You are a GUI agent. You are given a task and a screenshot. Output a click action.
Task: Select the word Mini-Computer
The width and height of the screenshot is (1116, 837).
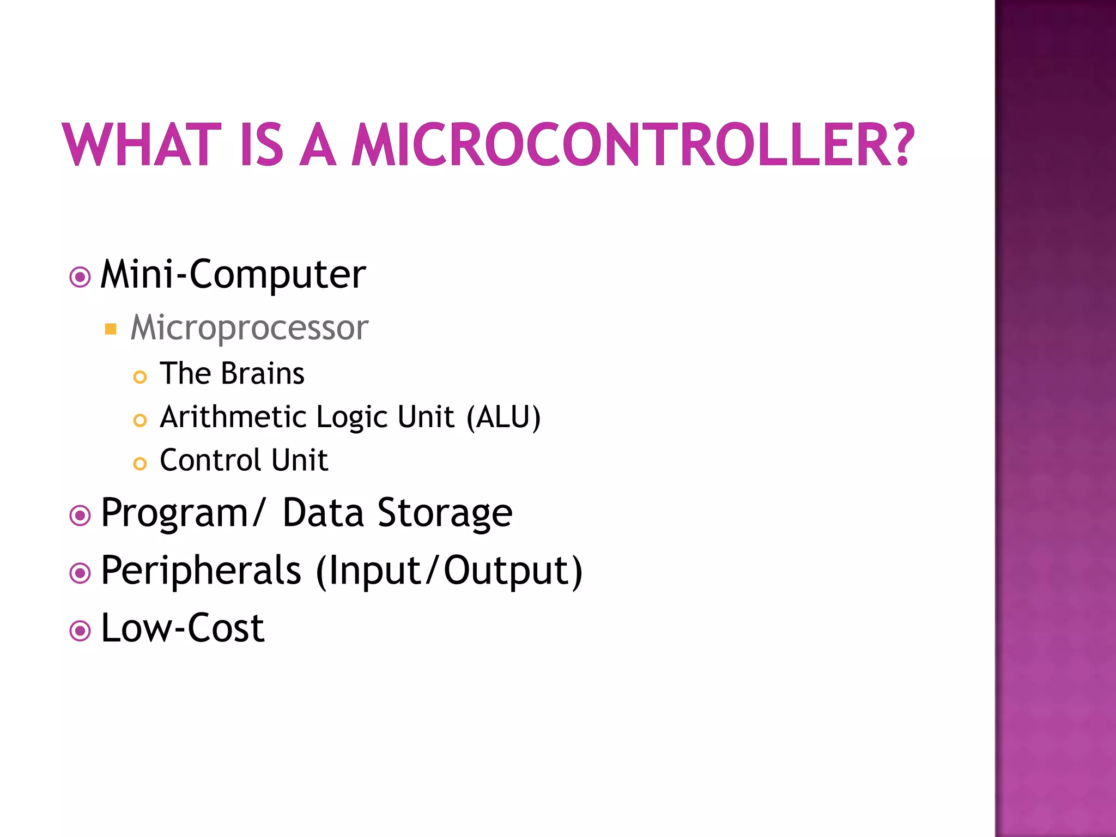(233, 274)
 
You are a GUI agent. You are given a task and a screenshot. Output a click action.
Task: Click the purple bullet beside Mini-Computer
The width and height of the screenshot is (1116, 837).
(80, 277)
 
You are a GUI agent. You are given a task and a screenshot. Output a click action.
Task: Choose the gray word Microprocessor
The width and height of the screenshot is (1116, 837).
(250, 328)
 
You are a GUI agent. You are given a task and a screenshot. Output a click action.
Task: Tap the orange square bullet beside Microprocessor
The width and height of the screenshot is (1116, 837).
(111, 329)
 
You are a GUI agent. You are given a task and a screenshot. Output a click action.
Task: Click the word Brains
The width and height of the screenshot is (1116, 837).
(263, 374)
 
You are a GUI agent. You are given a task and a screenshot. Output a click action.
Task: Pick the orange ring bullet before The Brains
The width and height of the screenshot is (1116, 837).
(140, 377)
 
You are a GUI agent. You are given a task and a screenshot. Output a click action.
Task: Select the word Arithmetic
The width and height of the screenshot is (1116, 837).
(234, 417)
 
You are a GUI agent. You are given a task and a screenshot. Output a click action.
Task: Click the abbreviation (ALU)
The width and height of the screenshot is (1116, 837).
(504, 417)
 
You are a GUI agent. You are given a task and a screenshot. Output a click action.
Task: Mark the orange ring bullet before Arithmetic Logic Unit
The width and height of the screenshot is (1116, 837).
(140, 420)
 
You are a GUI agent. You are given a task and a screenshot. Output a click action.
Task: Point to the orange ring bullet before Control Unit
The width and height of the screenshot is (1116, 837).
(140, 464)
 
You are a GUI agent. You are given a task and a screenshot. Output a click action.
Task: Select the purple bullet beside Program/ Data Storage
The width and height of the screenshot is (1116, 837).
(80, 515)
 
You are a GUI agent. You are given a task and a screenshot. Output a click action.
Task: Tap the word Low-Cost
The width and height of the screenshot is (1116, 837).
(183, 628)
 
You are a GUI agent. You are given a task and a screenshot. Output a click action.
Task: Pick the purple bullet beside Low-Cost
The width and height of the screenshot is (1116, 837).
(80, 631)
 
